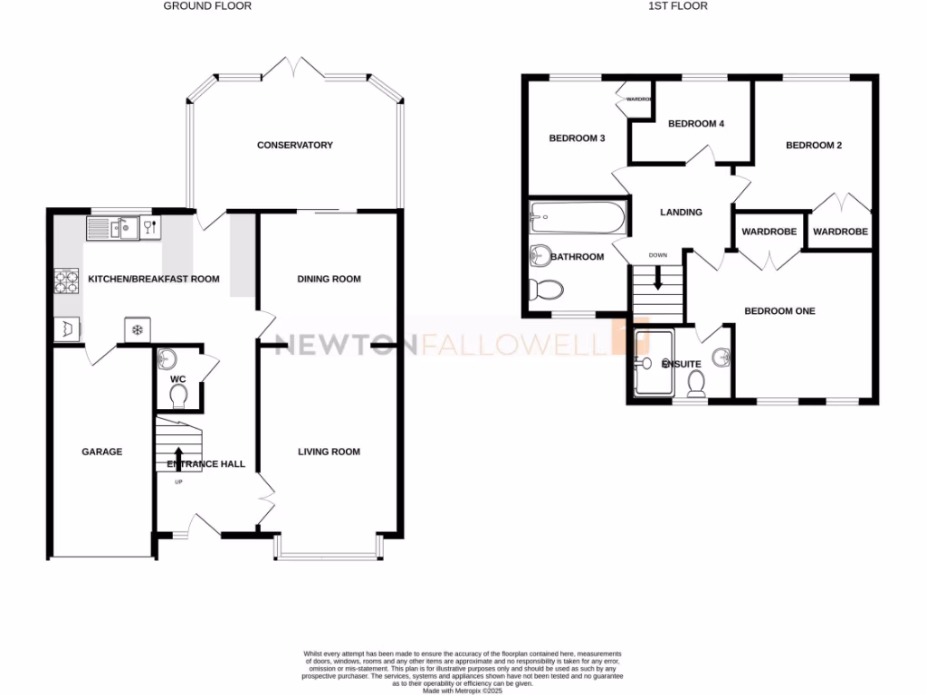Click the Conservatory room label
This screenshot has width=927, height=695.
point(294,145)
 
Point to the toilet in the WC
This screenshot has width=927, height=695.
point(178,395)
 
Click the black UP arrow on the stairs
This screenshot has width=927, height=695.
point(177,457)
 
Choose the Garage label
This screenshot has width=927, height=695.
point(101,452)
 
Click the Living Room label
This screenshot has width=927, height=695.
point(329,452)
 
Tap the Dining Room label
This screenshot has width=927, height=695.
point(329,279)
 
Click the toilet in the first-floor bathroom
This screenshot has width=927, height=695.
point(546,290)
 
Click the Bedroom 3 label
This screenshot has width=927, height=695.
point(577,138)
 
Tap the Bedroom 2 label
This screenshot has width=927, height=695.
point(814,145)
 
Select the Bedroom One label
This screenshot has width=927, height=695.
point(779,311)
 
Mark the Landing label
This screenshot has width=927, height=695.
point(681,213)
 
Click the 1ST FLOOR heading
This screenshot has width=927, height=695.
point(679,6)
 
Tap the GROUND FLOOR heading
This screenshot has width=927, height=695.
point(207,6)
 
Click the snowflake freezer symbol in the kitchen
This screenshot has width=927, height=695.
point(137,329)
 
